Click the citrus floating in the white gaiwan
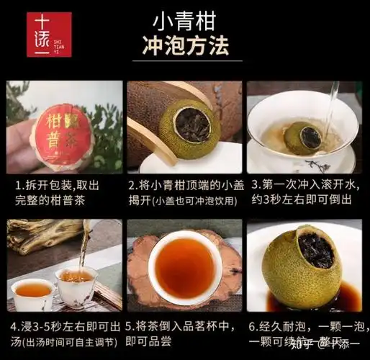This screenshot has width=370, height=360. coord(303,136)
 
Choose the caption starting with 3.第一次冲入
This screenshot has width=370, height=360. coord(305,192)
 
